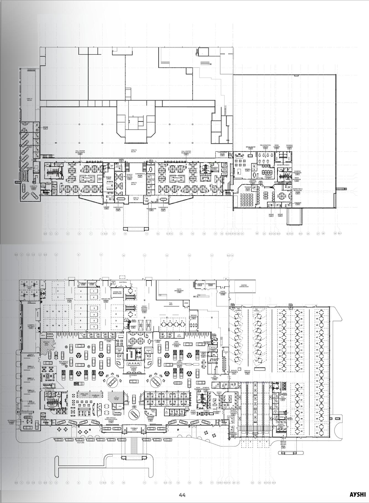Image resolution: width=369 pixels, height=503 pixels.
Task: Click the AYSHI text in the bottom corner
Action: [357, 494]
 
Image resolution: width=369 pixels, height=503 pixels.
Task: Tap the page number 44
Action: [182, 495]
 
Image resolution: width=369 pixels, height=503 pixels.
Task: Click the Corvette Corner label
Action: [33, 187]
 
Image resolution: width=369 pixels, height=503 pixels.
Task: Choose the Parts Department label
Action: [179, 290]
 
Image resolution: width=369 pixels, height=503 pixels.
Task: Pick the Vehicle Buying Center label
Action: [130, 176]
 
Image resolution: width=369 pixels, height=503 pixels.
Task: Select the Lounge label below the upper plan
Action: [106, 207]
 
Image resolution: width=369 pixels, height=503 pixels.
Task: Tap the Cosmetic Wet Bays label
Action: [31, 326]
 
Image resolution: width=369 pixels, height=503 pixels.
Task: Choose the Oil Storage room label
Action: [199, 284]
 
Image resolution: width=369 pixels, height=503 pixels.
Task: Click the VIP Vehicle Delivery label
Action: [12, 422]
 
